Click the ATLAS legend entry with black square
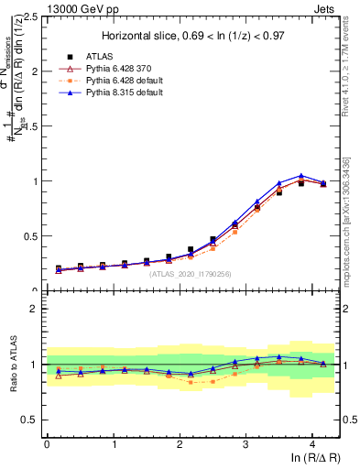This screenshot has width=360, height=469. coord(90,57)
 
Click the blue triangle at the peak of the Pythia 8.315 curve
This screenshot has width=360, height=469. coord(301,176)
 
